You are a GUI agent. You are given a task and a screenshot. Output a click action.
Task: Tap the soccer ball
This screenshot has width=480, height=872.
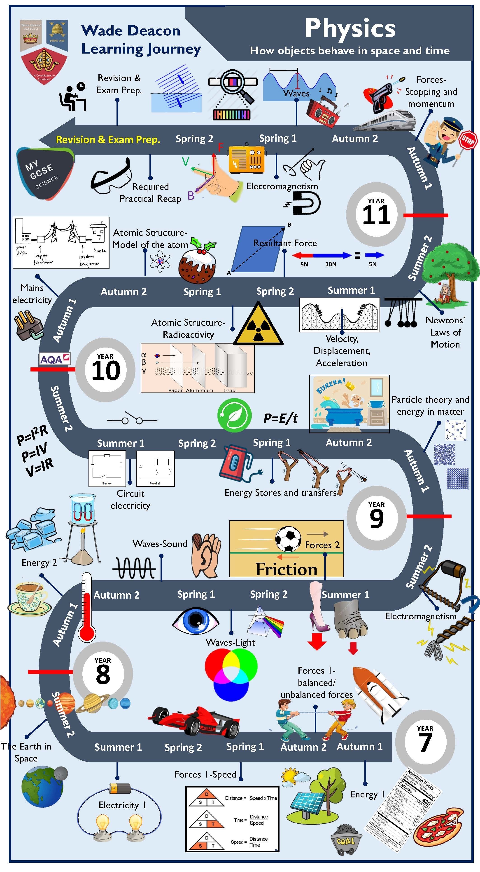pos(288,538)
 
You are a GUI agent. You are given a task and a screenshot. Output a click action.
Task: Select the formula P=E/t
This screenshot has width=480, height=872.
pos(280,418)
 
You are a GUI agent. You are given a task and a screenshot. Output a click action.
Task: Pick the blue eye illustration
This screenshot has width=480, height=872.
pos(196,621)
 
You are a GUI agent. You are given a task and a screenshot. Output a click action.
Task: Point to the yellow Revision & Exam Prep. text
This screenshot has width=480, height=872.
pos(108,139)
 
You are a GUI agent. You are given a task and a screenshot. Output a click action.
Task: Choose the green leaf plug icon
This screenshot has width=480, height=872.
pos(234,415)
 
